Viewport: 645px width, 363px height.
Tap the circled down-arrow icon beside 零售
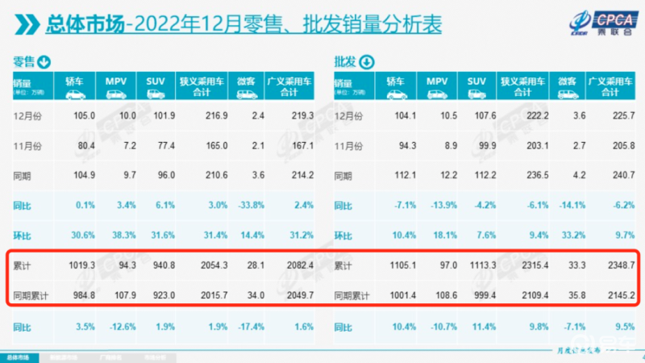coord(44,62)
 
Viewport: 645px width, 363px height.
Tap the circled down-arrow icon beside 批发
coord(367,62)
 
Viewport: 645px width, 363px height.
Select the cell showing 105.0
coord(84,116)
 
